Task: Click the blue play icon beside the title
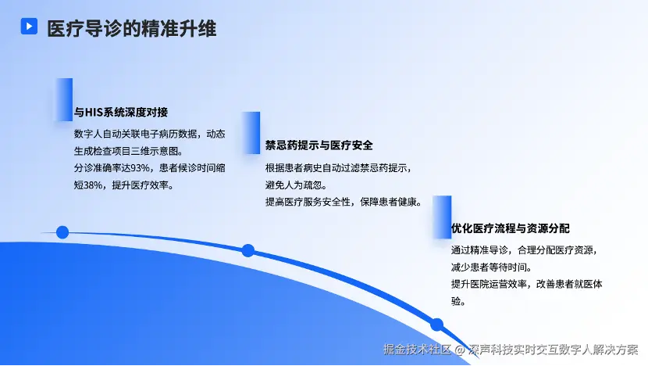click(x=29, y=26)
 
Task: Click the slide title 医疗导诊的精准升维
click(x=131, y=29)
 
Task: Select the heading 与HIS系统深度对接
click(x=121, y=112)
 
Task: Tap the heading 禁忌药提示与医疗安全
click(x=319, y=145)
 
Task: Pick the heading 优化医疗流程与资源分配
click(x=511, y=228)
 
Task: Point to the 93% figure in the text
click(x=140, y=168)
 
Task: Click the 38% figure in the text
click(x=93, y=185)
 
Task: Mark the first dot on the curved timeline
click(x=62, y=232)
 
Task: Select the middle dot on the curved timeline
click(x=248, y=250)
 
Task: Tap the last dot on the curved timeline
click(x=437, y=325)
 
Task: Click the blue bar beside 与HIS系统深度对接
click(x=64, y=99)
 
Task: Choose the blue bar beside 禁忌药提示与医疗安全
click(x=251, y=133)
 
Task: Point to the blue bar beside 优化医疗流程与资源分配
click(x=442, y=217)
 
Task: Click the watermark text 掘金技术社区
click(x=417, y=350)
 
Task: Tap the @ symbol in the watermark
click(x=460, y=350)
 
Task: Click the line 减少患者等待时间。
click(x=492, y=267)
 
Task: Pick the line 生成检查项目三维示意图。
click(x=129, y=151)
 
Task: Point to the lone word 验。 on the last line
click(x=458, y=301)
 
